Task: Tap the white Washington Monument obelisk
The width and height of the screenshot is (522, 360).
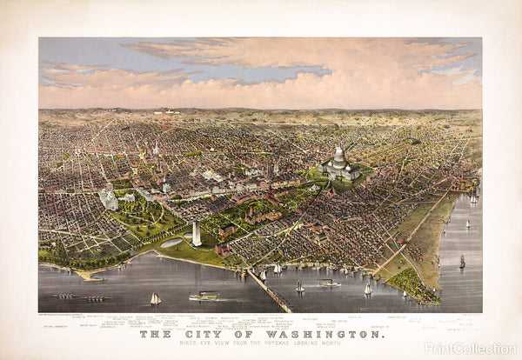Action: pos(196,232)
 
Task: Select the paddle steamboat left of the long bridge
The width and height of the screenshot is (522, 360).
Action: pos(204,296)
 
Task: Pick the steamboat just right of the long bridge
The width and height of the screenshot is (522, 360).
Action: pos(330,283)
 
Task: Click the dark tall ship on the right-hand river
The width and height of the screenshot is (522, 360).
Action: pos(462,262)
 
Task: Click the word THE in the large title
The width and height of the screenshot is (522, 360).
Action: pos(155,333)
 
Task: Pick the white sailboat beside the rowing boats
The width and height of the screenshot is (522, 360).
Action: pos(156,299)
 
